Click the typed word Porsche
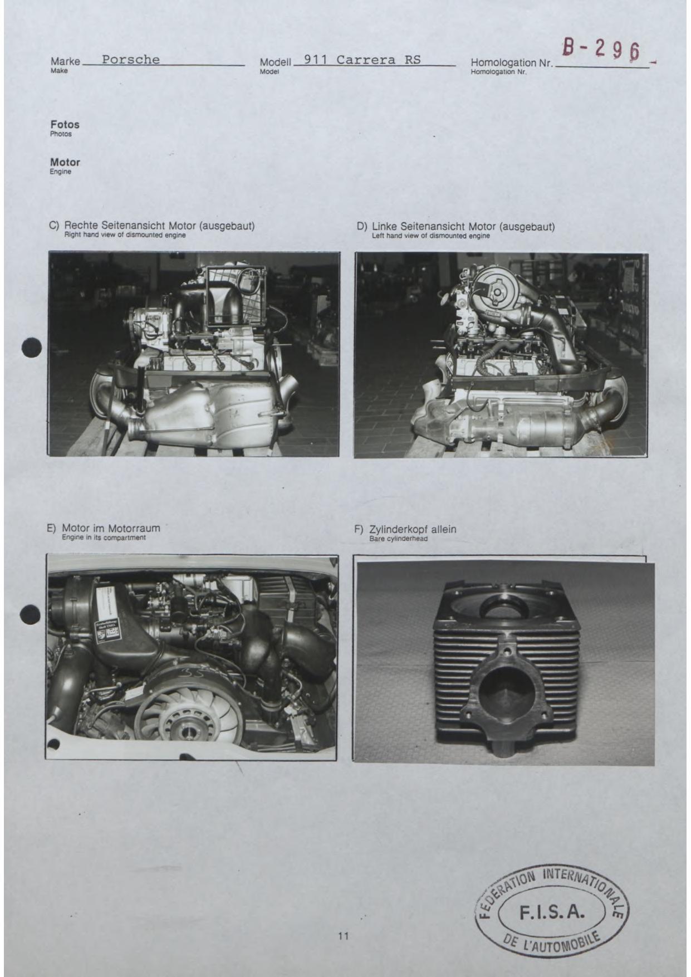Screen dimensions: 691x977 [131, 60]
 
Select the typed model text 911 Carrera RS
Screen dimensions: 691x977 [362, 60]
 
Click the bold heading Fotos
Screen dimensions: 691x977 [65, 125]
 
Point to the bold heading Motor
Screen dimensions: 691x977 [65, 162]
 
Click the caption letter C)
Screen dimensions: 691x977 [54, 226]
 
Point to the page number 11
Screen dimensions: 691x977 [343, 936]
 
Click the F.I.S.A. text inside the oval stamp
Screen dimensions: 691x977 [552, 912]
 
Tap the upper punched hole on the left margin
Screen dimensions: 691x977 [32, 348]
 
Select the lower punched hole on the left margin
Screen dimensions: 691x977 [30, 615]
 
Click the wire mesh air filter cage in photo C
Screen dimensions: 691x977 [236, 296]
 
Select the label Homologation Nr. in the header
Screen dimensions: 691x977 [512, 63]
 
